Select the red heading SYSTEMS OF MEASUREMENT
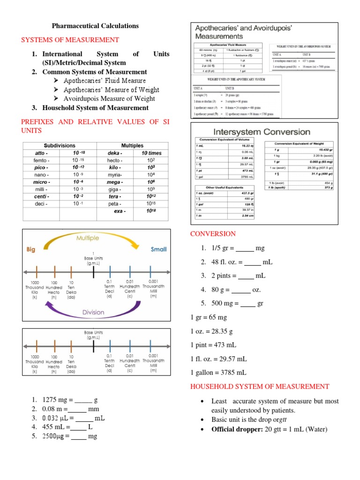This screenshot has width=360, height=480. point(70,40)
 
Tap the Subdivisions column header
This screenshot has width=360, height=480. point(60,146)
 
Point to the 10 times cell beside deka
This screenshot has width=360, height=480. point(151,153)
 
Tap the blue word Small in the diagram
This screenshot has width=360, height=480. point(158,249)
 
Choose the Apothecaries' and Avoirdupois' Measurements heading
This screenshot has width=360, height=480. point(243,32)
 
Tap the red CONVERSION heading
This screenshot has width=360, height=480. point(212,234)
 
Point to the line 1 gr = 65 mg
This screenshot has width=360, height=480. point(209,317)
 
